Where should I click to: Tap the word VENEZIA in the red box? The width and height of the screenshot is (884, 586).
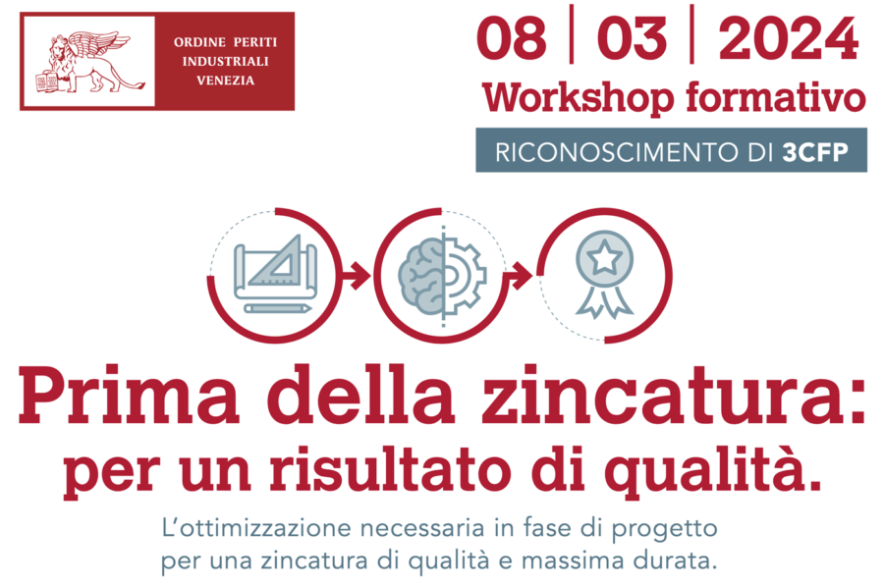[225, 80]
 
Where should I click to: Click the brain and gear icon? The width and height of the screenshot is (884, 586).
[442, 275]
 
